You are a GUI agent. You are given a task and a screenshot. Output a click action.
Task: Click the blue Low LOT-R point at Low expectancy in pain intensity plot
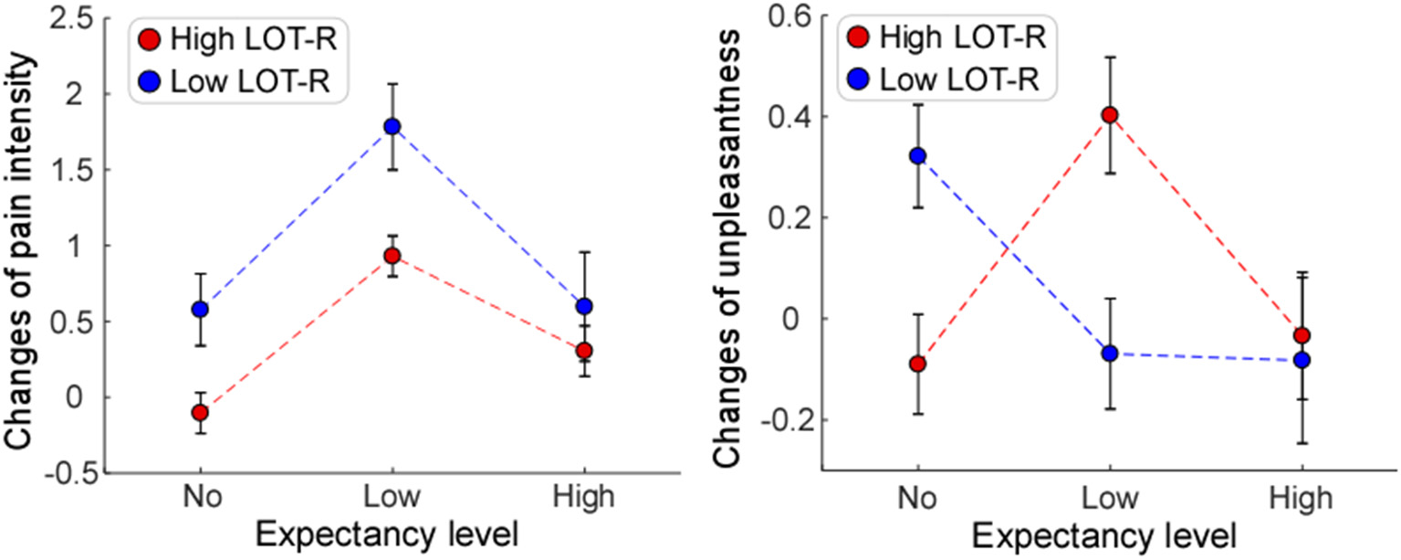(x=392, y=126)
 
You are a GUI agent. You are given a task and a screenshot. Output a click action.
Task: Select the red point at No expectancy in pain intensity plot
(x=200, y=412)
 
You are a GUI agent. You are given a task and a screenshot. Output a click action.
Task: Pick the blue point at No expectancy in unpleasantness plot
(x=917, y=155)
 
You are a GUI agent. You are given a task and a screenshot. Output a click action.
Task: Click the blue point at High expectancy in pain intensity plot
(x=584, y=306)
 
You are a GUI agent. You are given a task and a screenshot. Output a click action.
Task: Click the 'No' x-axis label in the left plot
(x=200, y=498)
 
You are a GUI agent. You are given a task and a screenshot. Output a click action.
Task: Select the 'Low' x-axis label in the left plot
(x=392, y=498)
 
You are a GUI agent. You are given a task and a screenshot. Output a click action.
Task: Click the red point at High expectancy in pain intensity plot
(x=584, y=350)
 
